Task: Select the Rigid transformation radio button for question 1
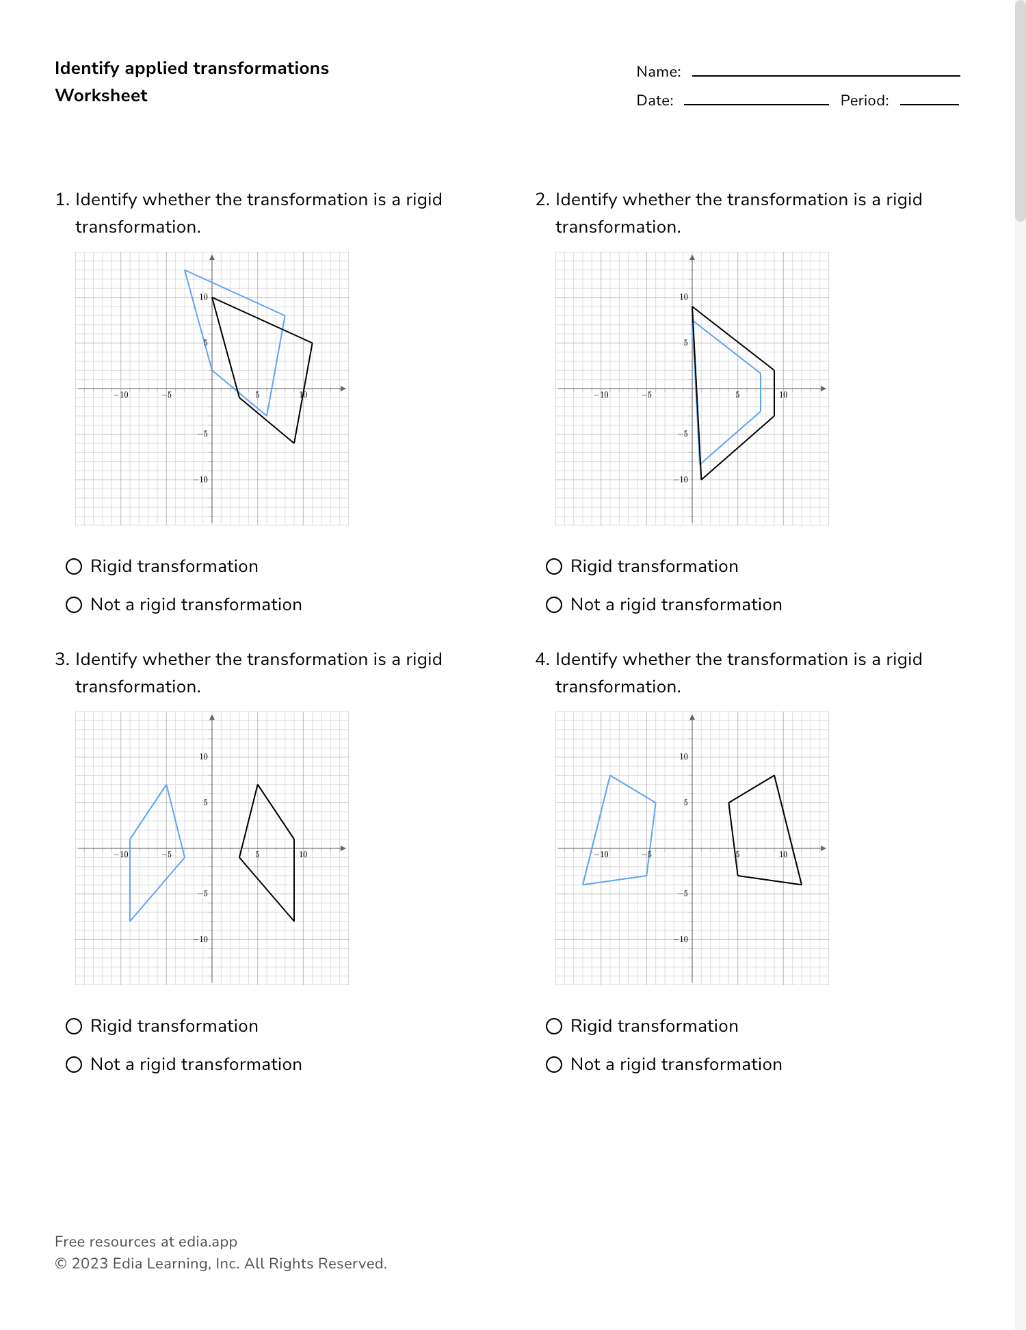(74, 566)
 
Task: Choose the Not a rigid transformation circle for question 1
(74, 605)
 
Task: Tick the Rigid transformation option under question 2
(554, 566)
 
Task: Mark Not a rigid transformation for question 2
(554, 605)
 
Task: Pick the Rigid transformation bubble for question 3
(74, 1026)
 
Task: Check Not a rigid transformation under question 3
(74, 1065)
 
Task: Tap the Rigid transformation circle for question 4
(554, 1026)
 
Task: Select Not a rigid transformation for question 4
(554, 1065)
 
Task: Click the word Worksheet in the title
(101, 96)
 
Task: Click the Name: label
(658, 72)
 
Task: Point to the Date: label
(655, 101)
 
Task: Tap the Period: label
(864, 101)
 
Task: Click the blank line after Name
(826, 74)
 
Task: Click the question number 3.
(61, 660)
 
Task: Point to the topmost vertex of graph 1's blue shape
(185, 270)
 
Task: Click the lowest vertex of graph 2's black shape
(701, 480)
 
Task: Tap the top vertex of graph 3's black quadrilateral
(257, 785)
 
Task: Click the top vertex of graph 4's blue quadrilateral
(609, 775)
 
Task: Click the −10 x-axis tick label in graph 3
(121, 855)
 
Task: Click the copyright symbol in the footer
(60, 1264)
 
